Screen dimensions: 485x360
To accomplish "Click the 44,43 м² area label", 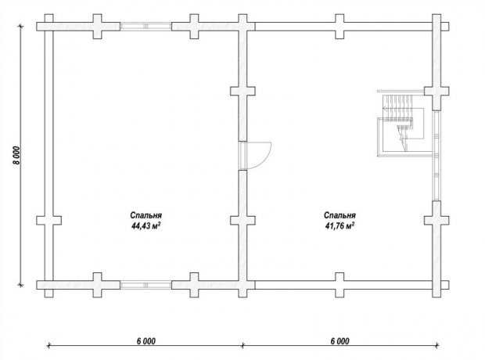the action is [145, 226].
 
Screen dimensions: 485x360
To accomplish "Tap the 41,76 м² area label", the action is [339, 226].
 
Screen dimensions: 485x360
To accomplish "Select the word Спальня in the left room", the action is [145, 215].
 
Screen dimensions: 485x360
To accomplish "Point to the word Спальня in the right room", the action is [339, 215].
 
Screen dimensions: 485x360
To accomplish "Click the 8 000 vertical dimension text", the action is [17, 156].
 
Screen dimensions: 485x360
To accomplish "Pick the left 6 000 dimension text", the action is [146, 341].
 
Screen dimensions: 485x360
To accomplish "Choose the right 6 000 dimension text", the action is [340, 341].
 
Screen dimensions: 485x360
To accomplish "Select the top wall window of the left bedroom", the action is [145, 27].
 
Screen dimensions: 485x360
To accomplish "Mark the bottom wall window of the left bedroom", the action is [145, 285].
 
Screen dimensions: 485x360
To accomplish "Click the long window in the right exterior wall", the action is [436, 156].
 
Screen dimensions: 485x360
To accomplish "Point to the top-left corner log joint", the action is [48, 27].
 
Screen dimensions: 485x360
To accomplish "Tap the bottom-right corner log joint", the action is [436, 285].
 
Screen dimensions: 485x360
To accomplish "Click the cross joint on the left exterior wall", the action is [48, 221].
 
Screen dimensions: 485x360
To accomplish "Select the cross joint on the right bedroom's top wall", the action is [339, 27].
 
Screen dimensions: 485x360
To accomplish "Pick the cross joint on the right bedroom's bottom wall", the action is [339, 285].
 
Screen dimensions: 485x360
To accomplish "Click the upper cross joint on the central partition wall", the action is [242, 91].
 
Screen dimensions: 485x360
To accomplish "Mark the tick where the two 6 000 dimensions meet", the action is [242, 344].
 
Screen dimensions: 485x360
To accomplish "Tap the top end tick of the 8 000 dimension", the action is [20, 27].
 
